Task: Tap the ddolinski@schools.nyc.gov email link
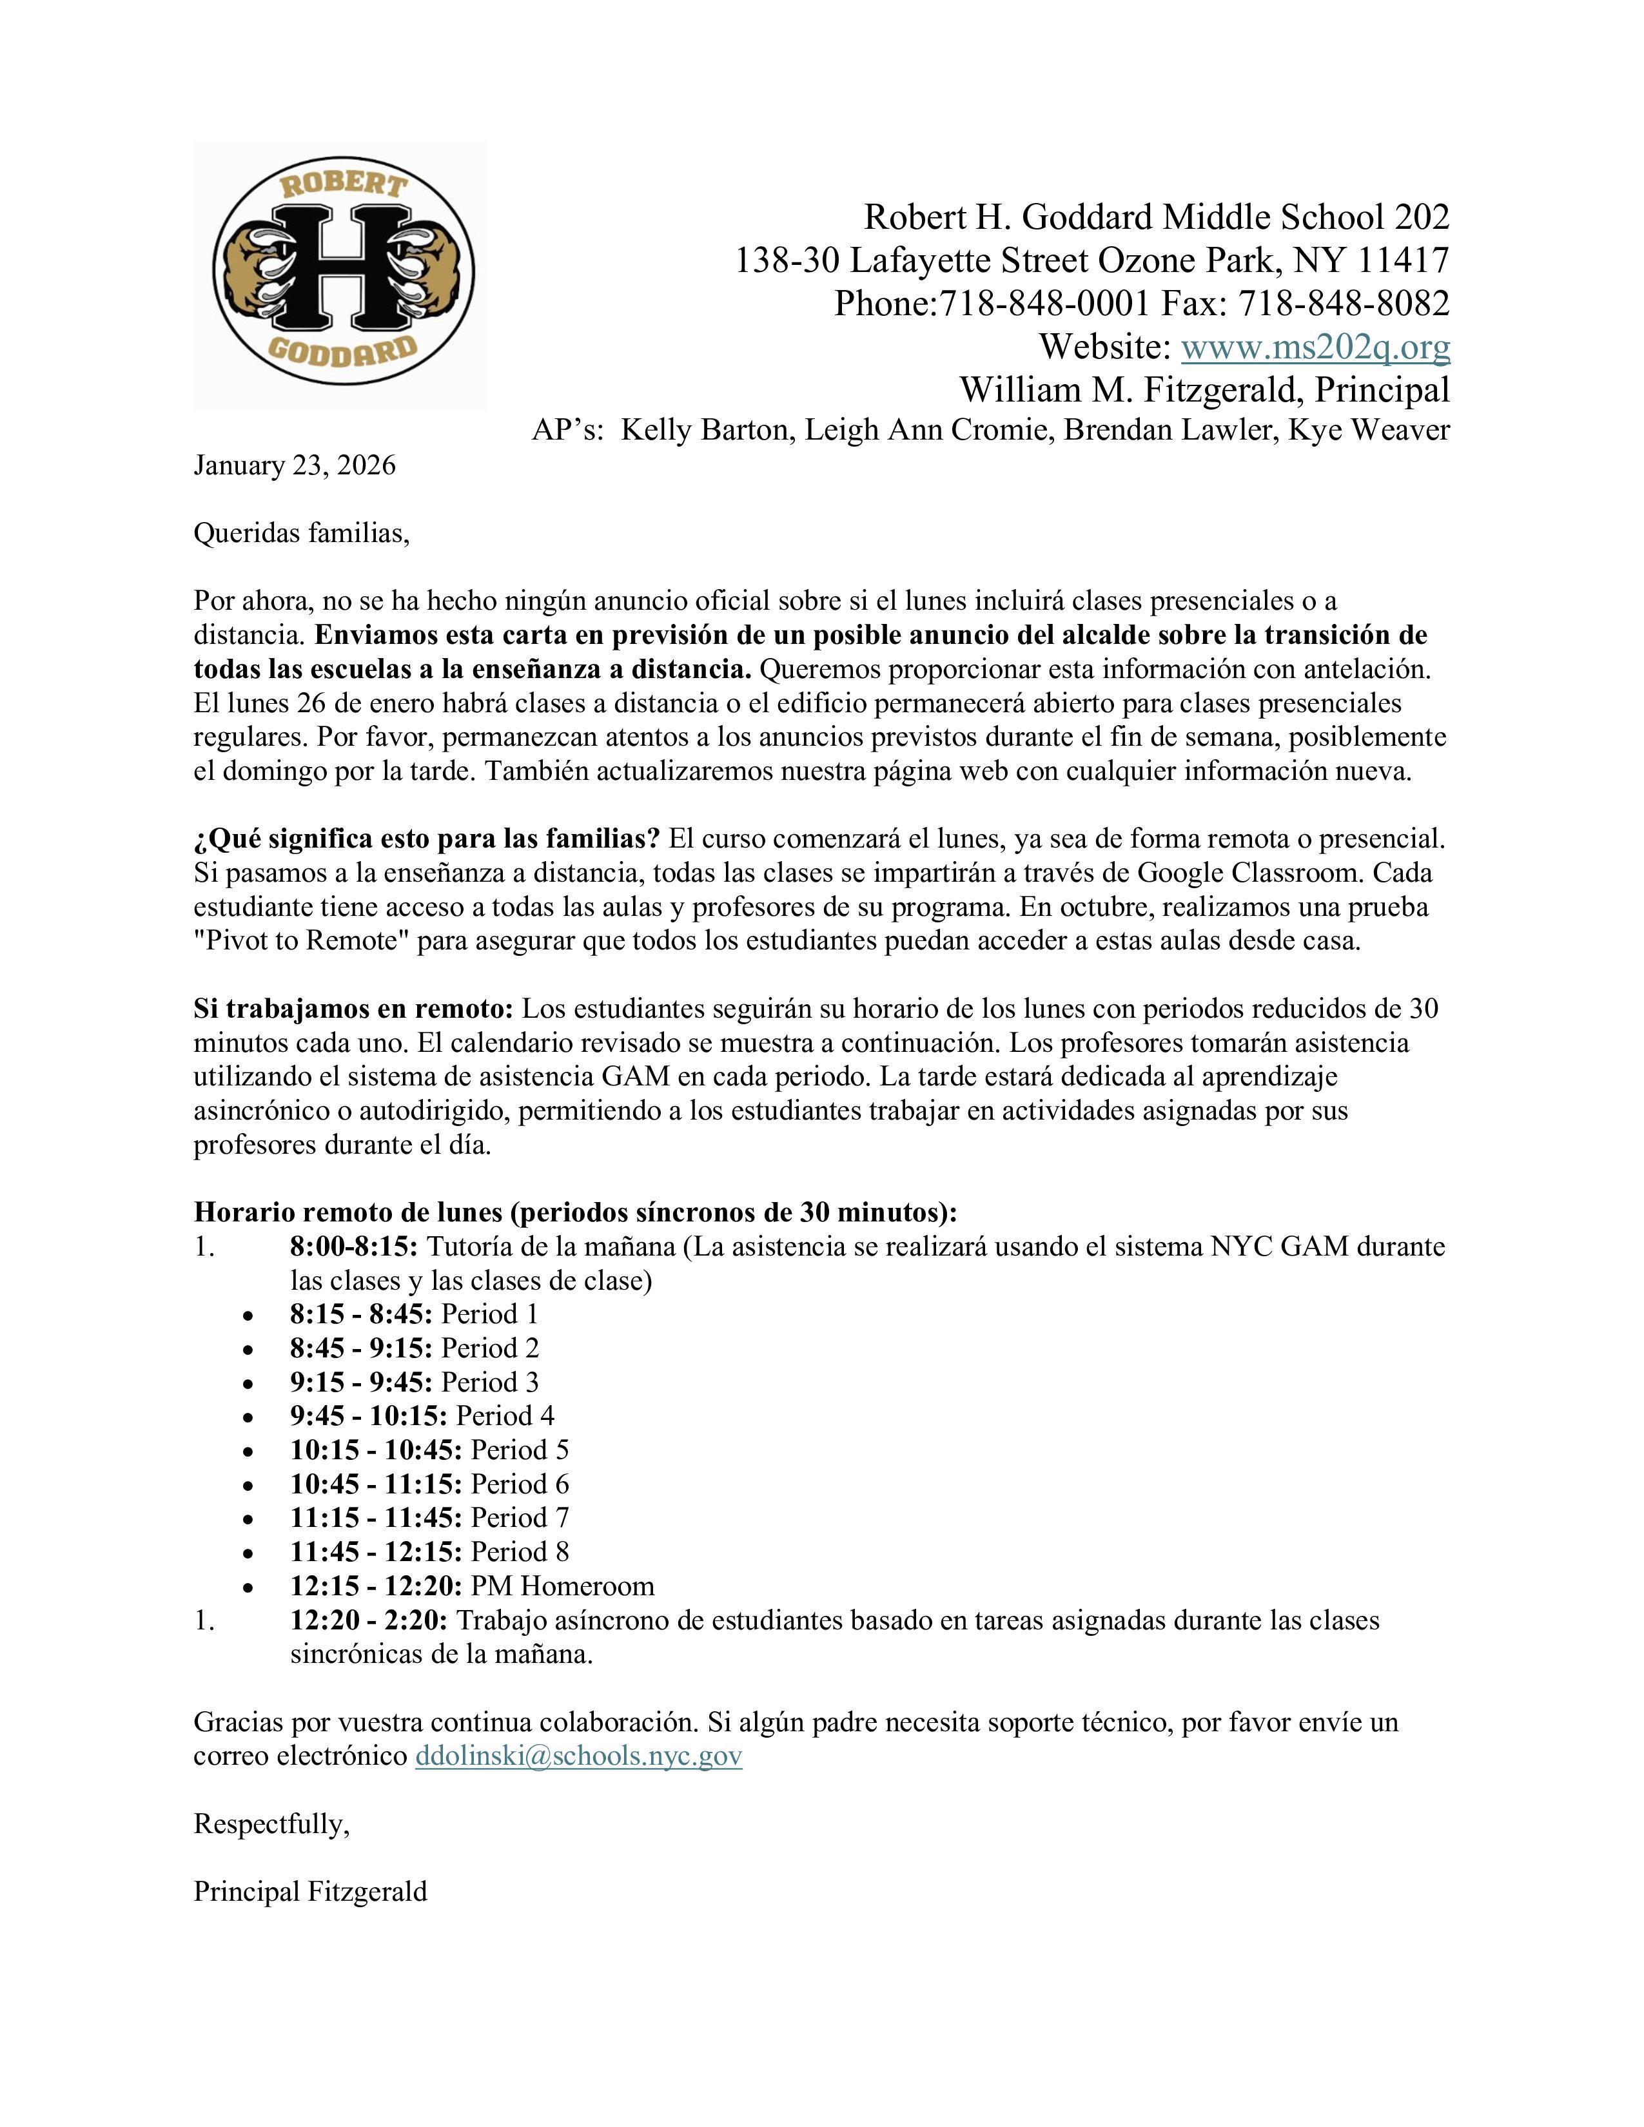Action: (578, 1755)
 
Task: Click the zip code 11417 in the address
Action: (1404, 260)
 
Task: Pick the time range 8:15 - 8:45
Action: (360, 1314)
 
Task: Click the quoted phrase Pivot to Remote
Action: (300, 942)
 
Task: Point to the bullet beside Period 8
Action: (250, 1553)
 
